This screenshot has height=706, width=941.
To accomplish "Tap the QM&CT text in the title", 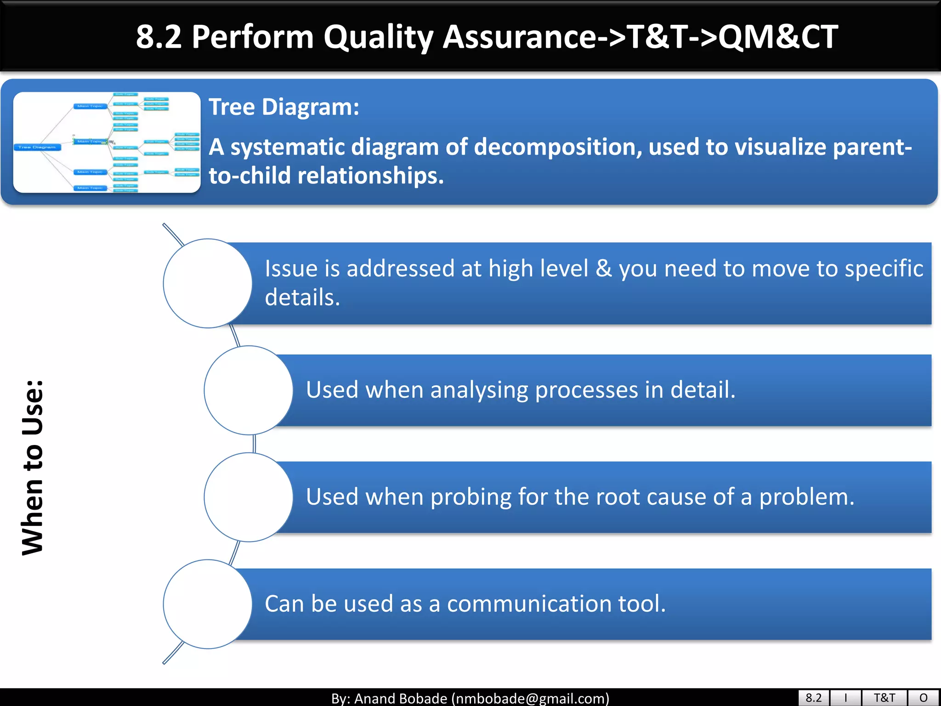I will (778, 37).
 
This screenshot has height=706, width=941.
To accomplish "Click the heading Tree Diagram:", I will (283, 107).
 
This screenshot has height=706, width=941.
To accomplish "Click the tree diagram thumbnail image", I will (107, 142).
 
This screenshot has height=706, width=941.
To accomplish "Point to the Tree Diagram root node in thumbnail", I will (37, 147).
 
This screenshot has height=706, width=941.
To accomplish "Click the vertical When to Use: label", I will (33, 467).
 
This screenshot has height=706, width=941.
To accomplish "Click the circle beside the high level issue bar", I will (207, 283).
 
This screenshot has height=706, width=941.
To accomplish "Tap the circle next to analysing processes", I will (248, 390).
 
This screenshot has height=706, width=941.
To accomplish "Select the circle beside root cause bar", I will (248, 497).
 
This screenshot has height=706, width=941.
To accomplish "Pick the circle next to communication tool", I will (207, 604).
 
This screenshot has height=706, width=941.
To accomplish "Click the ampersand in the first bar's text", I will (603, 268).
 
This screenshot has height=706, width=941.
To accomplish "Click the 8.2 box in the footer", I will (813, 698).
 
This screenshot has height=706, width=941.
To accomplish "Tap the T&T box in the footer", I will (884, 698).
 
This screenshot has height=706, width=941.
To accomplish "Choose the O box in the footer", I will (923, 698).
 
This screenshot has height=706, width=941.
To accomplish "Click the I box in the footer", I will (845, 698).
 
